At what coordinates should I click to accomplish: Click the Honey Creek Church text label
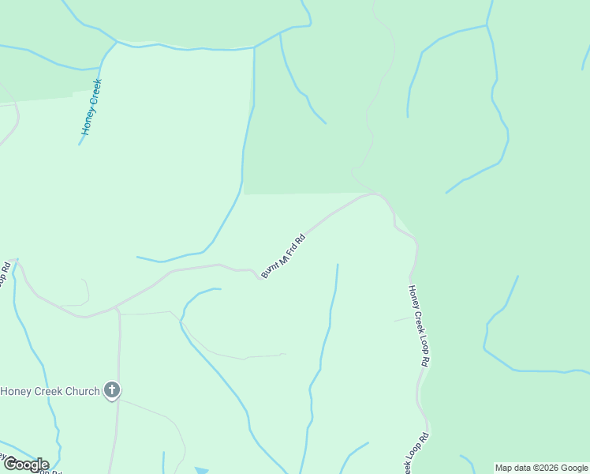[50, 391]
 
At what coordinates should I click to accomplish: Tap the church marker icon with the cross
[112, 390]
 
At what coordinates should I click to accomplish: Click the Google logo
[25, 465]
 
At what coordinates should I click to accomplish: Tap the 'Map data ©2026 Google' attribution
[542, 468]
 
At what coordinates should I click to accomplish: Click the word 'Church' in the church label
[82, 391]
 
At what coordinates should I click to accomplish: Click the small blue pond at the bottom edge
[202, 471]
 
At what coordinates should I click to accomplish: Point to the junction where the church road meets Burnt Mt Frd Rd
[115, 307]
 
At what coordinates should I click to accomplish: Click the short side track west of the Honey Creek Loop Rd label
[402, 319]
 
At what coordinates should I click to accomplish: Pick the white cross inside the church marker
[112, 389]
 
